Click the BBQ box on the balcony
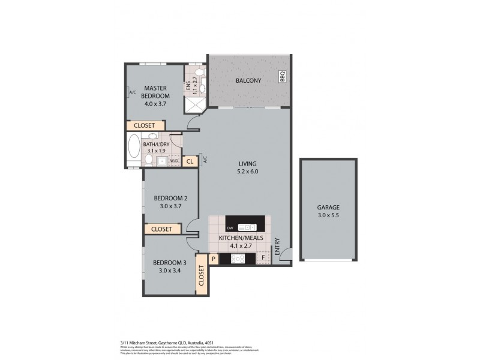[282, 77]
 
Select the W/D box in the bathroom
[175, 161]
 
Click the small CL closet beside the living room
[190, 161]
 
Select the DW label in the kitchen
[230, 227]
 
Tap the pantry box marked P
[213, 259]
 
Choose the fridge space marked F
[262, 259]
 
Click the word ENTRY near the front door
[277, 248]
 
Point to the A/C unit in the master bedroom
[131, 93]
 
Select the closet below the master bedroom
[144, 125]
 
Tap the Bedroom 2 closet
[161, 229]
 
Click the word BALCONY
[248, 80]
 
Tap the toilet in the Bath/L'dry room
[149, 161]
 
